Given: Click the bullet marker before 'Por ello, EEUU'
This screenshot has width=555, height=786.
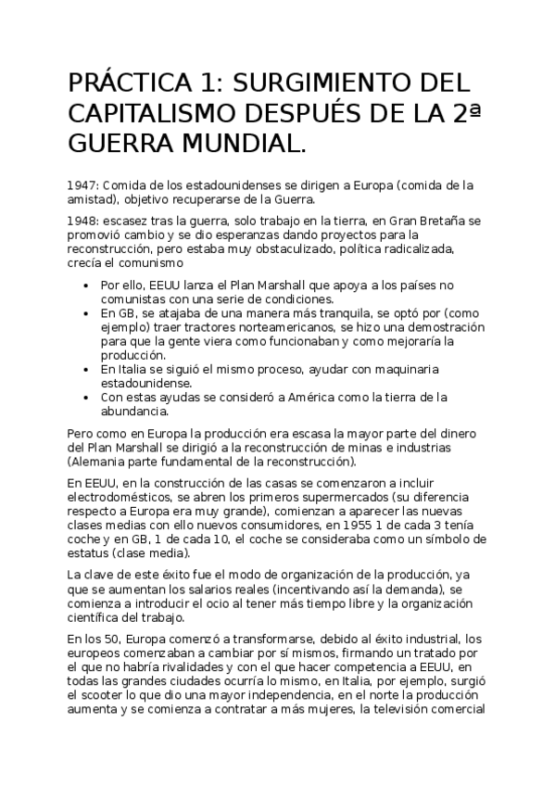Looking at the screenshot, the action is point(87,286).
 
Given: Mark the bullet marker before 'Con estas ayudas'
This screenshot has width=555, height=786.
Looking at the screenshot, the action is point(87,399).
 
